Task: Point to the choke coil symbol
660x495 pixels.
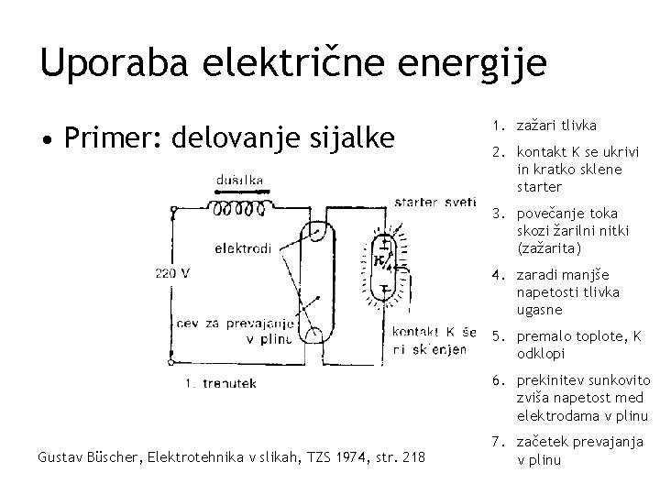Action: pos(242,206)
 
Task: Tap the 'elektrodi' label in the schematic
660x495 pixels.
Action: pos(242,247)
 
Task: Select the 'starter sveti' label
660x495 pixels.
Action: pos(434,202)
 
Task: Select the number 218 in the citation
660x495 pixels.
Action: pos(413,456)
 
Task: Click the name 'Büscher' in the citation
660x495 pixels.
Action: pos(107,456)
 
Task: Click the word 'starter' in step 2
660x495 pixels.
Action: pos(540,188)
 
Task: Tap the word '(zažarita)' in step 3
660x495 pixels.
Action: pos(551,247)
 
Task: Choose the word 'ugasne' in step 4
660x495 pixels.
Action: pos(542,309)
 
